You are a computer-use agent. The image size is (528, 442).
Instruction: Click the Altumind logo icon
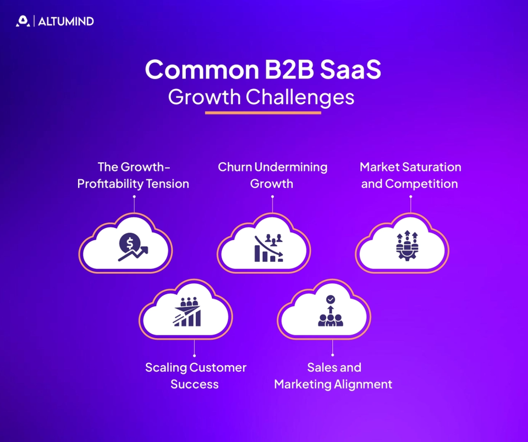point(23,21)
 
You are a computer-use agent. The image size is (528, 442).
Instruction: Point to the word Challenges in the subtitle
point(300,97)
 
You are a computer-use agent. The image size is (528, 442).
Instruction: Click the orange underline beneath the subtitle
point(263,113)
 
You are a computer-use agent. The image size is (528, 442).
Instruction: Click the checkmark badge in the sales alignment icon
point(330,299)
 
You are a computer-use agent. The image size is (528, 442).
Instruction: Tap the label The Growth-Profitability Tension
point(133,175)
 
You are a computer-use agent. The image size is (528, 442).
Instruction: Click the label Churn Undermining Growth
point(272,175)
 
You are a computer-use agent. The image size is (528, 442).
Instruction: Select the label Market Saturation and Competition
point(410,175)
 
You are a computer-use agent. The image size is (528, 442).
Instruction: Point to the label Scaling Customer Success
point(195,375)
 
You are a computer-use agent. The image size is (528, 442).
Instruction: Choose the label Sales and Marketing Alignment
point(333,375)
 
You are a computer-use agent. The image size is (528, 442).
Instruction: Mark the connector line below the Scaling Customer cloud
point(195,348)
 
